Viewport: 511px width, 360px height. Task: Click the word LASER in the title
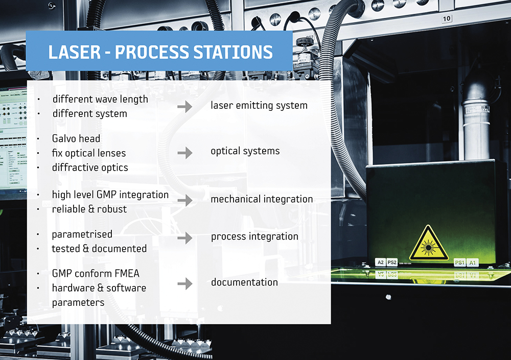coord(75,52)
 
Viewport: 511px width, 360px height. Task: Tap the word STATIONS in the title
coord(233,52)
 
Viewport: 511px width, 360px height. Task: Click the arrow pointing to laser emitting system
coord(185,106)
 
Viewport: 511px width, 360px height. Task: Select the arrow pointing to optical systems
coord(185,153)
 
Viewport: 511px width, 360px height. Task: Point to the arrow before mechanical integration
coord(185,200)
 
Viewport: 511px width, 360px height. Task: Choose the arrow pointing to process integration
coord(185,238)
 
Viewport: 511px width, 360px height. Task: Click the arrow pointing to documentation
coord(185,284)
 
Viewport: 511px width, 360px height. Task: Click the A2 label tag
coord(380,262)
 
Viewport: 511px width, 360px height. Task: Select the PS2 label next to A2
coord(392,262)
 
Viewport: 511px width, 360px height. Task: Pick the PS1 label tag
coord(459,262)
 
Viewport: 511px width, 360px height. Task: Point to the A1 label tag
coord(472,262)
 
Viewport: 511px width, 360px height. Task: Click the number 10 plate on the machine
coord(447,19)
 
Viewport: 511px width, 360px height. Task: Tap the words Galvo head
coord(76,138)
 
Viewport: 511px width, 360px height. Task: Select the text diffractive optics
coord(90,167)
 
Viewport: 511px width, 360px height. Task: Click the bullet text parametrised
coord(82,234)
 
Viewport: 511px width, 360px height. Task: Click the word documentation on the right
coord(244,282)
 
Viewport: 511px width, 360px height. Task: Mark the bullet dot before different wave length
coord(39,99)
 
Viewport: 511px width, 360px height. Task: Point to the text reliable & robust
coord(89,209)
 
